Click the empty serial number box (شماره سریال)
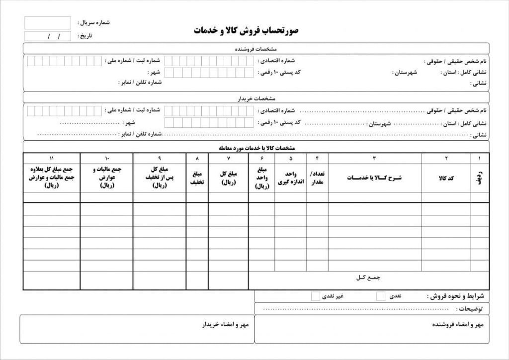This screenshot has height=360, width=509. tap(47, 23)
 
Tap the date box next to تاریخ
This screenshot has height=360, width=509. tap(47, 36)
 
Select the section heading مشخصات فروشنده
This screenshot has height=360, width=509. tap(255, 49)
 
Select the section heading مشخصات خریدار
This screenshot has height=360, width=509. tap(256, 98)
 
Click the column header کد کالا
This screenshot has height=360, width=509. tap(446, 178)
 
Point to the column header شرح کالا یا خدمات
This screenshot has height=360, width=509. tap(374, 178)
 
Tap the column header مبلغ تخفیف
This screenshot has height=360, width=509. tap(197, 178)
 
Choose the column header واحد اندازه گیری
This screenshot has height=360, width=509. tap(291, 178)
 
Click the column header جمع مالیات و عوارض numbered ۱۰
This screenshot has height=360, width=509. tap(106, 177)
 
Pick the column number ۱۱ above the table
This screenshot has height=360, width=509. tap(52, 158)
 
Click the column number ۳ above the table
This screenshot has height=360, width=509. tap(374, 158)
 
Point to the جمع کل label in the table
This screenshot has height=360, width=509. tap(368, 276)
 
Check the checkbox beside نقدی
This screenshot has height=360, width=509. tap(381, 296)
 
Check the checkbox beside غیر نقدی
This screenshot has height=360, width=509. tap(315, 296)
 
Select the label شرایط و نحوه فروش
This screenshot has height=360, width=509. tap(458, 296)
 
